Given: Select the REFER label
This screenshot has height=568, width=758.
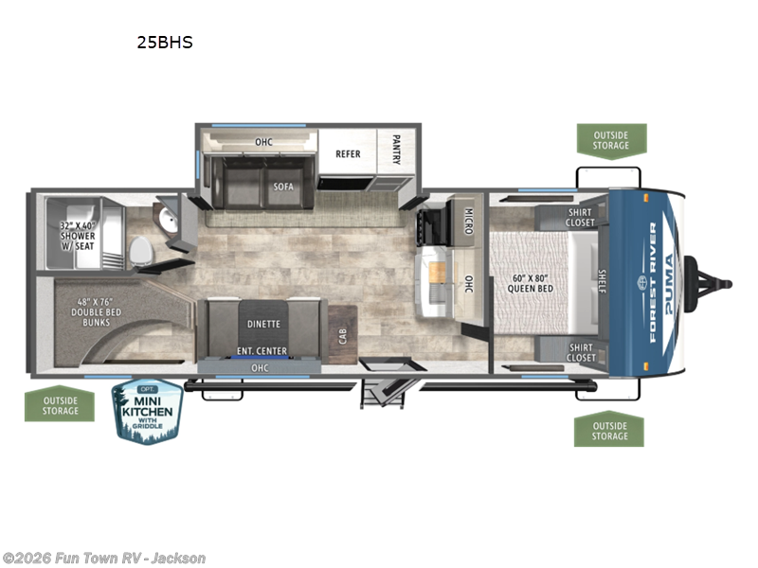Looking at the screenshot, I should (348, 153).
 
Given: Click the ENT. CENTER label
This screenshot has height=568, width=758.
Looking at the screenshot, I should (262, 351).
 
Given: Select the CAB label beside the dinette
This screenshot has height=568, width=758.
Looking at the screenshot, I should (342, 335).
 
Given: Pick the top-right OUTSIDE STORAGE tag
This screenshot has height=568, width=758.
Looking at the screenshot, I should (611, 139).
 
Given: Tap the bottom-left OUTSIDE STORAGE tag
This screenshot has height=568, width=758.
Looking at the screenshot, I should (60, 406).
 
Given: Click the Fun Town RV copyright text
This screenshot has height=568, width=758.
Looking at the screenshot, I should (104, 558).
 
